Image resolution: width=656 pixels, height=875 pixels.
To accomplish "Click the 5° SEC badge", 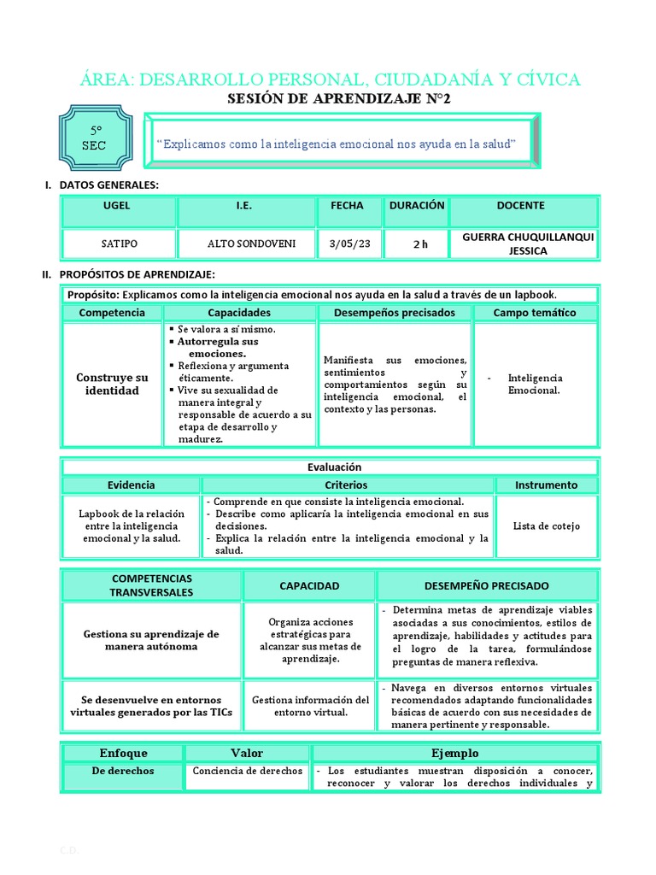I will coord(94,138).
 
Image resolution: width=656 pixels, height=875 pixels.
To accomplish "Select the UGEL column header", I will coord(117,206).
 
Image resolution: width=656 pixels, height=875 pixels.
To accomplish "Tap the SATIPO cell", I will coord(117,244).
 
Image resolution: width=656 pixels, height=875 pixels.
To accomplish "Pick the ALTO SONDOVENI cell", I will coord(252,244).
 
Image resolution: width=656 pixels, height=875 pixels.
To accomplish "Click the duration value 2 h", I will coord(419,244).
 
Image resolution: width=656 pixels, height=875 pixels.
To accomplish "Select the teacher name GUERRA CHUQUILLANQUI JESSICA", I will coord(526,244).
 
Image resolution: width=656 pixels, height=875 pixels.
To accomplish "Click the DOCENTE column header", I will coord(526,206).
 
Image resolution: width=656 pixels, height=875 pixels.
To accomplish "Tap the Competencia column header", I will coord(112,313).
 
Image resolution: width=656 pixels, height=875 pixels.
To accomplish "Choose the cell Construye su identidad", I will coord(112,384).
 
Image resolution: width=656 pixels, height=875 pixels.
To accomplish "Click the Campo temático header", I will coord(535,313).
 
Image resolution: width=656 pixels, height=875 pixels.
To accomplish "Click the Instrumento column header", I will coord(547,484).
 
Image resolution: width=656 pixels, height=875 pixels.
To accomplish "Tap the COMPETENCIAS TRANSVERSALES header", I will coord(152,585).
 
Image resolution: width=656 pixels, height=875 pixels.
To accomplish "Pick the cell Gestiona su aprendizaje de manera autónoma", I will coord(152,640).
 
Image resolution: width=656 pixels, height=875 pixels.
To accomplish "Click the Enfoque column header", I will coord(123,753).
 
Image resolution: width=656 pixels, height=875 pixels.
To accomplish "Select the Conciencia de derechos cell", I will coord(248,771).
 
